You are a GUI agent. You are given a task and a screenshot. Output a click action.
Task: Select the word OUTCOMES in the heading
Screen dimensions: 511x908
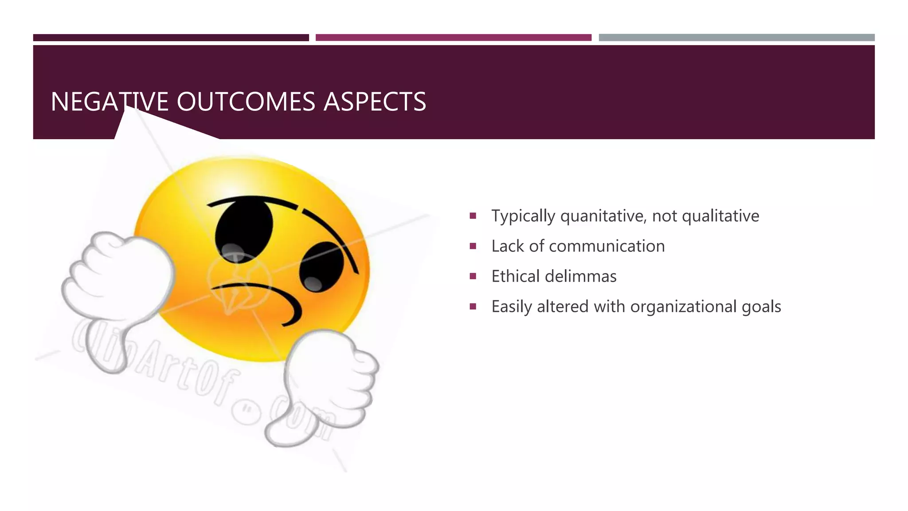(246, 102)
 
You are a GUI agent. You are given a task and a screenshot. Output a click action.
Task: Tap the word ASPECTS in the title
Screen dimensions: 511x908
(375, 102)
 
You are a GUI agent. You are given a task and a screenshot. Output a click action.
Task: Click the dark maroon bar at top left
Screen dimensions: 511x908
(171, 38)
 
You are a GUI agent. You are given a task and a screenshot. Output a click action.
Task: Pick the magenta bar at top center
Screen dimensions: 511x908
(453, 38)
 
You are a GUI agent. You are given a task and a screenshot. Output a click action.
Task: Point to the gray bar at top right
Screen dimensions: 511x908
(736, 38)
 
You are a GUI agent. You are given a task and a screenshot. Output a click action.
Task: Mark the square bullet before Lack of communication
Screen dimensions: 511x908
(473, 246)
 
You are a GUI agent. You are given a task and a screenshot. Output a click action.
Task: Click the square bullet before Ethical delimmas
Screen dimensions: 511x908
(473, 276)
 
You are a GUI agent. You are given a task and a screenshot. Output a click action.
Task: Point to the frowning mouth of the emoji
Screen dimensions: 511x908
(262, 297)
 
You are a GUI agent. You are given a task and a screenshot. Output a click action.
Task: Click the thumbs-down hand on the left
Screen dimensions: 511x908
(117, 288)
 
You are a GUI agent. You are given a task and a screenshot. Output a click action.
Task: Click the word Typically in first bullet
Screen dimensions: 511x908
(523, 216)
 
